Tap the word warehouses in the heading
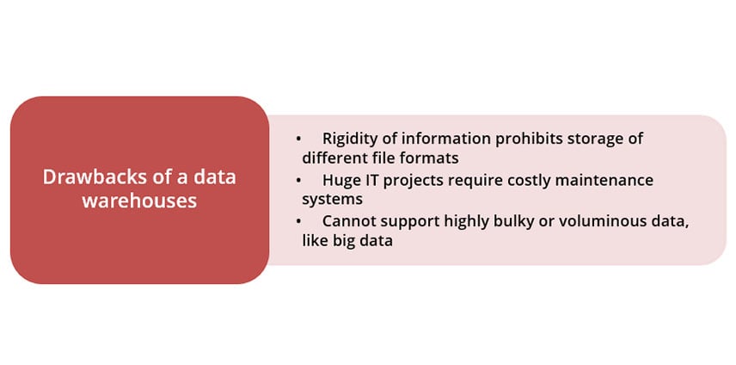pyautogui.click(x=139, y=201)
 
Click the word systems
pyautogui.click(x=332, y=200)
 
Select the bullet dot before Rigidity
pyautogui.click(x=298, y=139)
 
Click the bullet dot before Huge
pyautogui.click(x=298, y=181)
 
